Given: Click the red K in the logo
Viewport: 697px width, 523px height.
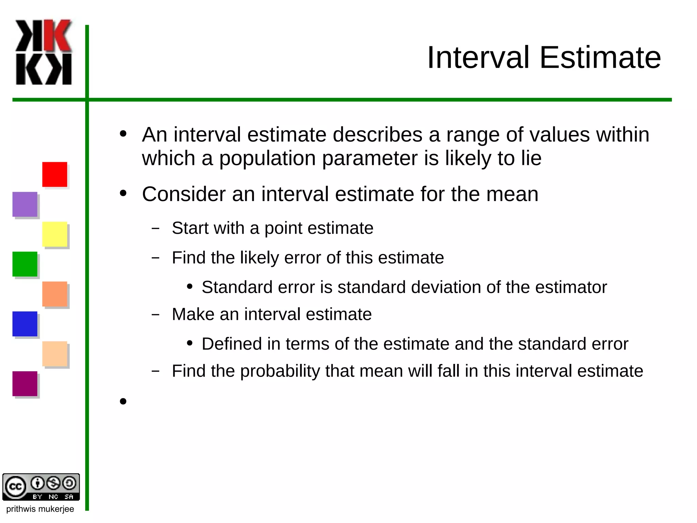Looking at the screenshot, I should (58, 35).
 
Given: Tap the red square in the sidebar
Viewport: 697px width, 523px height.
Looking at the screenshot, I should (54, 174).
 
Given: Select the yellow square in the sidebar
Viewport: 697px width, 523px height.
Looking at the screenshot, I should (54, 234).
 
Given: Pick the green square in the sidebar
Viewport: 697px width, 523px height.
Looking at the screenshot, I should (25, 264).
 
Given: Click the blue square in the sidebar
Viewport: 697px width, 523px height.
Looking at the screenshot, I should (25, 324).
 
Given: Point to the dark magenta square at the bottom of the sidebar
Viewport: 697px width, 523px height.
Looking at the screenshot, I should (25, 384).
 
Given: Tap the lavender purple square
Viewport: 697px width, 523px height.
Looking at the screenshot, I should (25, 204).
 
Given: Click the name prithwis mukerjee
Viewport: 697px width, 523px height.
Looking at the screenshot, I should (40, 509).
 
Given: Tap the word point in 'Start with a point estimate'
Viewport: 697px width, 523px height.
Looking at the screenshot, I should (283, 228).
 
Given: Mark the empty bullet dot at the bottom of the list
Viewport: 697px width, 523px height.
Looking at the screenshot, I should (123, 401).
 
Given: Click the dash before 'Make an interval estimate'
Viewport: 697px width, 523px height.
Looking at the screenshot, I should (156, 314).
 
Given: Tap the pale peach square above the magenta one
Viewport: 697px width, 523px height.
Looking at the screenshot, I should (54, 354).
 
